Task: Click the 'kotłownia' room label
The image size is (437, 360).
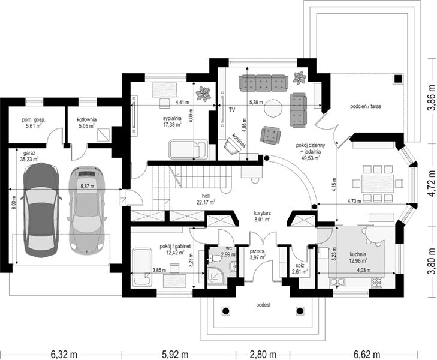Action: click(87, 119)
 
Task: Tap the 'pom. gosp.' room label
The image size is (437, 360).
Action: click(34, 120)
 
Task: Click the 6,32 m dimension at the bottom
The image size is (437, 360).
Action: click(64, 355)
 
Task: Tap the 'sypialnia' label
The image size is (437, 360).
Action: click(172, 118)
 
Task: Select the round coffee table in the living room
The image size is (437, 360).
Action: click(273, 108)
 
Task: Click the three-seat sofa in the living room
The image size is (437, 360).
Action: click(263, 83)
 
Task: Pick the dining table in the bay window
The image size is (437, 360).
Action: click(378, 184)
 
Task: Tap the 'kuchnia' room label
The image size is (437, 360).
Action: click(358, 254)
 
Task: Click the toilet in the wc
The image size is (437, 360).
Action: click(215, 259)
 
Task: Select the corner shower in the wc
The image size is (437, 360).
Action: click(216, 276)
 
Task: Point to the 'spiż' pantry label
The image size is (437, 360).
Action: click(300, 266)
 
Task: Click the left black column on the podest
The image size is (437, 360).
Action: click(226, 311)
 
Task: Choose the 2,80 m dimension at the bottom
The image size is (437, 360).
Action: click(263, 355)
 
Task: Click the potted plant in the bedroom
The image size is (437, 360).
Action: click(203, 94)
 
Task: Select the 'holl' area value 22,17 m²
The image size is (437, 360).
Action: click(206, 202)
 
